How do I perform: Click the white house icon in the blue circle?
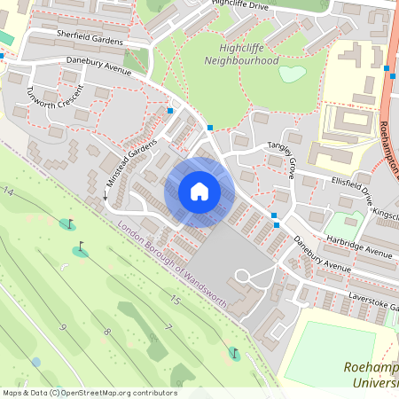[x=199, y=192]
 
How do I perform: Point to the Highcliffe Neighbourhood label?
[x=241, y=54]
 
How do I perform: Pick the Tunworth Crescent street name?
[x=56, y=104]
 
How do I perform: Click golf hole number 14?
[x=9, y=192]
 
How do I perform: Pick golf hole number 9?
[x=63, y=327]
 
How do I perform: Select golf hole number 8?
[x=106, y=332]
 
